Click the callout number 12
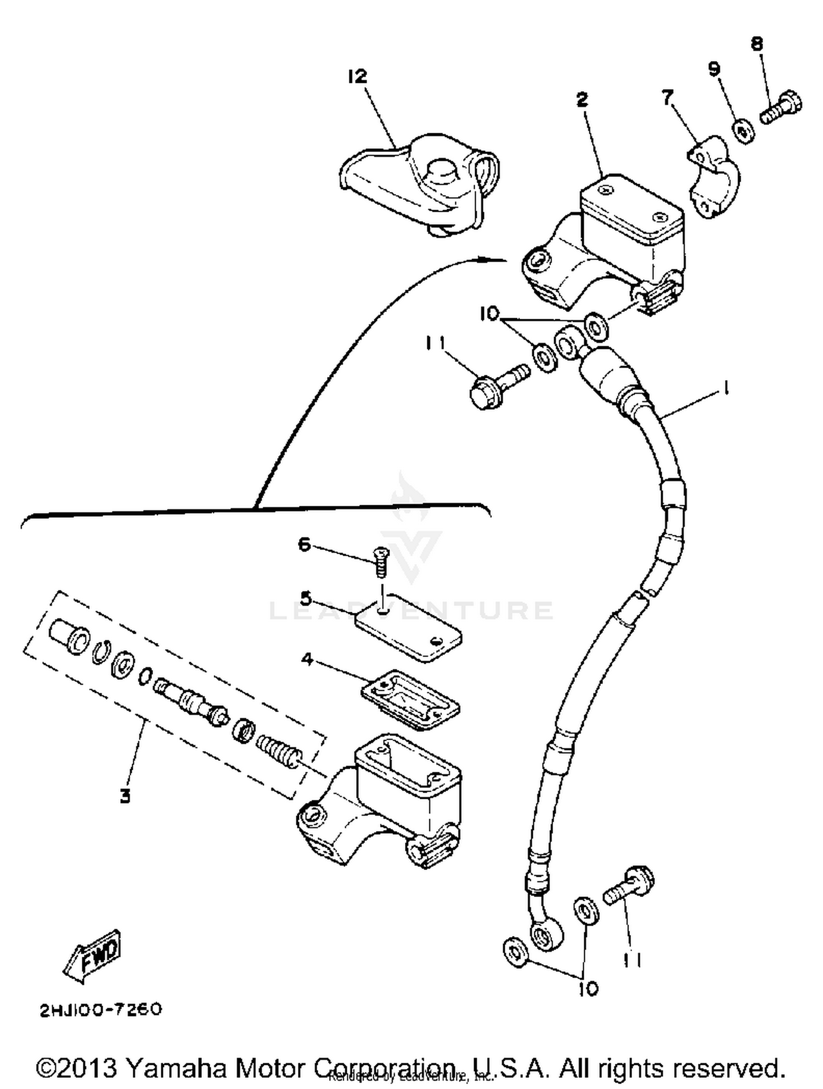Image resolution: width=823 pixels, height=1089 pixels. point(357,77)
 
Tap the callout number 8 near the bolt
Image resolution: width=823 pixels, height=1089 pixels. point(757,44)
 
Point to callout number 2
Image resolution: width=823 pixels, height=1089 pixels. point(582,99)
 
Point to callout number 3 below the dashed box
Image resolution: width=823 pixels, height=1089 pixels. point(125,795)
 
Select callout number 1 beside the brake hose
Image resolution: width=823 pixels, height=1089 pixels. point(726,389)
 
